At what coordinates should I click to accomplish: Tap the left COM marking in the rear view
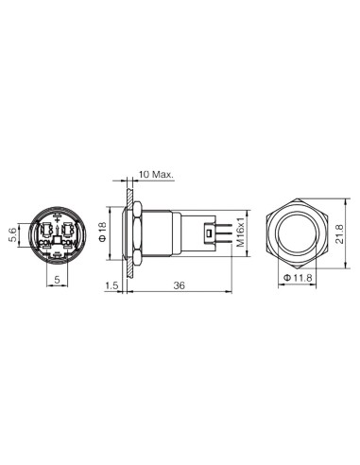pyautogui.click(x=45, y=242)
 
